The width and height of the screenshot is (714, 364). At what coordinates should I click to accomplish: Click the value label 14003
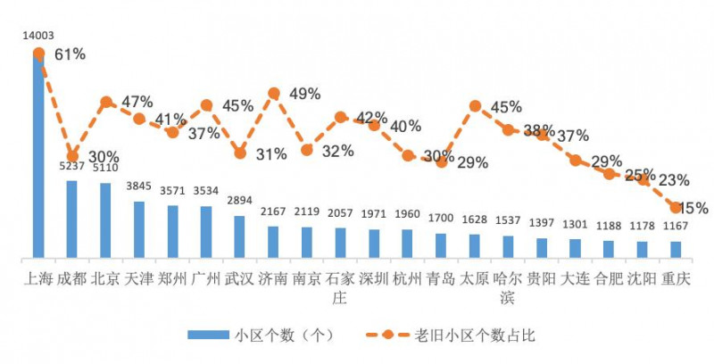point(38,36)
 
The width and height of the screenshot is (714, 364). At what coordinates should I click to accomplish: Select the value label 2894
point(240,201)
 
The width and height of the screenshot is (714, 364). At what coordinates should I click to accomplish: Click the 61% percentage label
point(70,55)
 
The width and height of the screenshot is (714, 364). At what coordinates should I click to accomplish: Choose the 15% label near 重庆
point(693,208)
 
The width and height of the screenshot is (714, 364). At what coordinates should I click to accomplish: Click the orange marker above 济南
point(274,93)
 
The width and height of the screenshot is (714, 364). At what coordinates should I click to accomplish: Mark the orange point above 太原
point(475,106)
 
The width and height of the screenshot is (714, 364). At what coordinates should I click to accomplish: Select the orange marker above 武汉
point(240,153)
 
